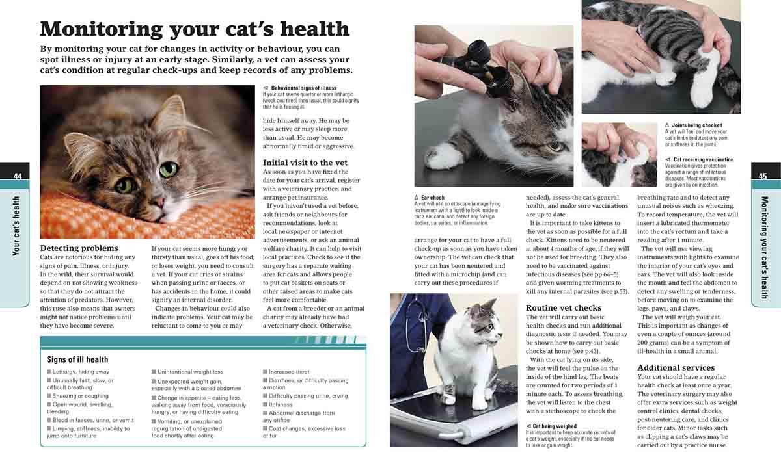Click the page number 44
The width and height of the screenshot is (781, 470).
tap(18, 176)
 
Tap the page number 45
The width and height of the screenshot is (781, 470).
tap(763, 176)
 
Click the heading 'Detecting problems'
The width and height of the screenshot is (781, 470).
tap(79, 248)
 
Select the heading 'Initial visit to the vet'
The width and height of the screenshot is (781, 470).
tap(305, 163)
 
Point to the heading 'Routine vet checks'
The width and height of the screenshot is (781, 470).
tap(564, 307)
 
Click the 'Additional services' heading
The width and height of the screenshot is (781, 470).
tap(676, 367)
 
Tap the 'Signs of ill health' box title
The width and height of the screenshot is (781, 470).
tap(77, 359)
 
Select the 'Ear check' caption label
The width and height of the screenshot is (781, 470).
tap(433, 198)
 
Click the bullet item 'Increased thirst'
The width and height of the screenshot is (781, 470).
tap(289, 372)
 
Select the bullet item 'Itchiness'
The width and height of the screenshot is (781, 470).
tap(281, 404)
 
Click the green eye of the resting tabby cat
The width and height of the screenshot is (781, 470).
tap(168, 170)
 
